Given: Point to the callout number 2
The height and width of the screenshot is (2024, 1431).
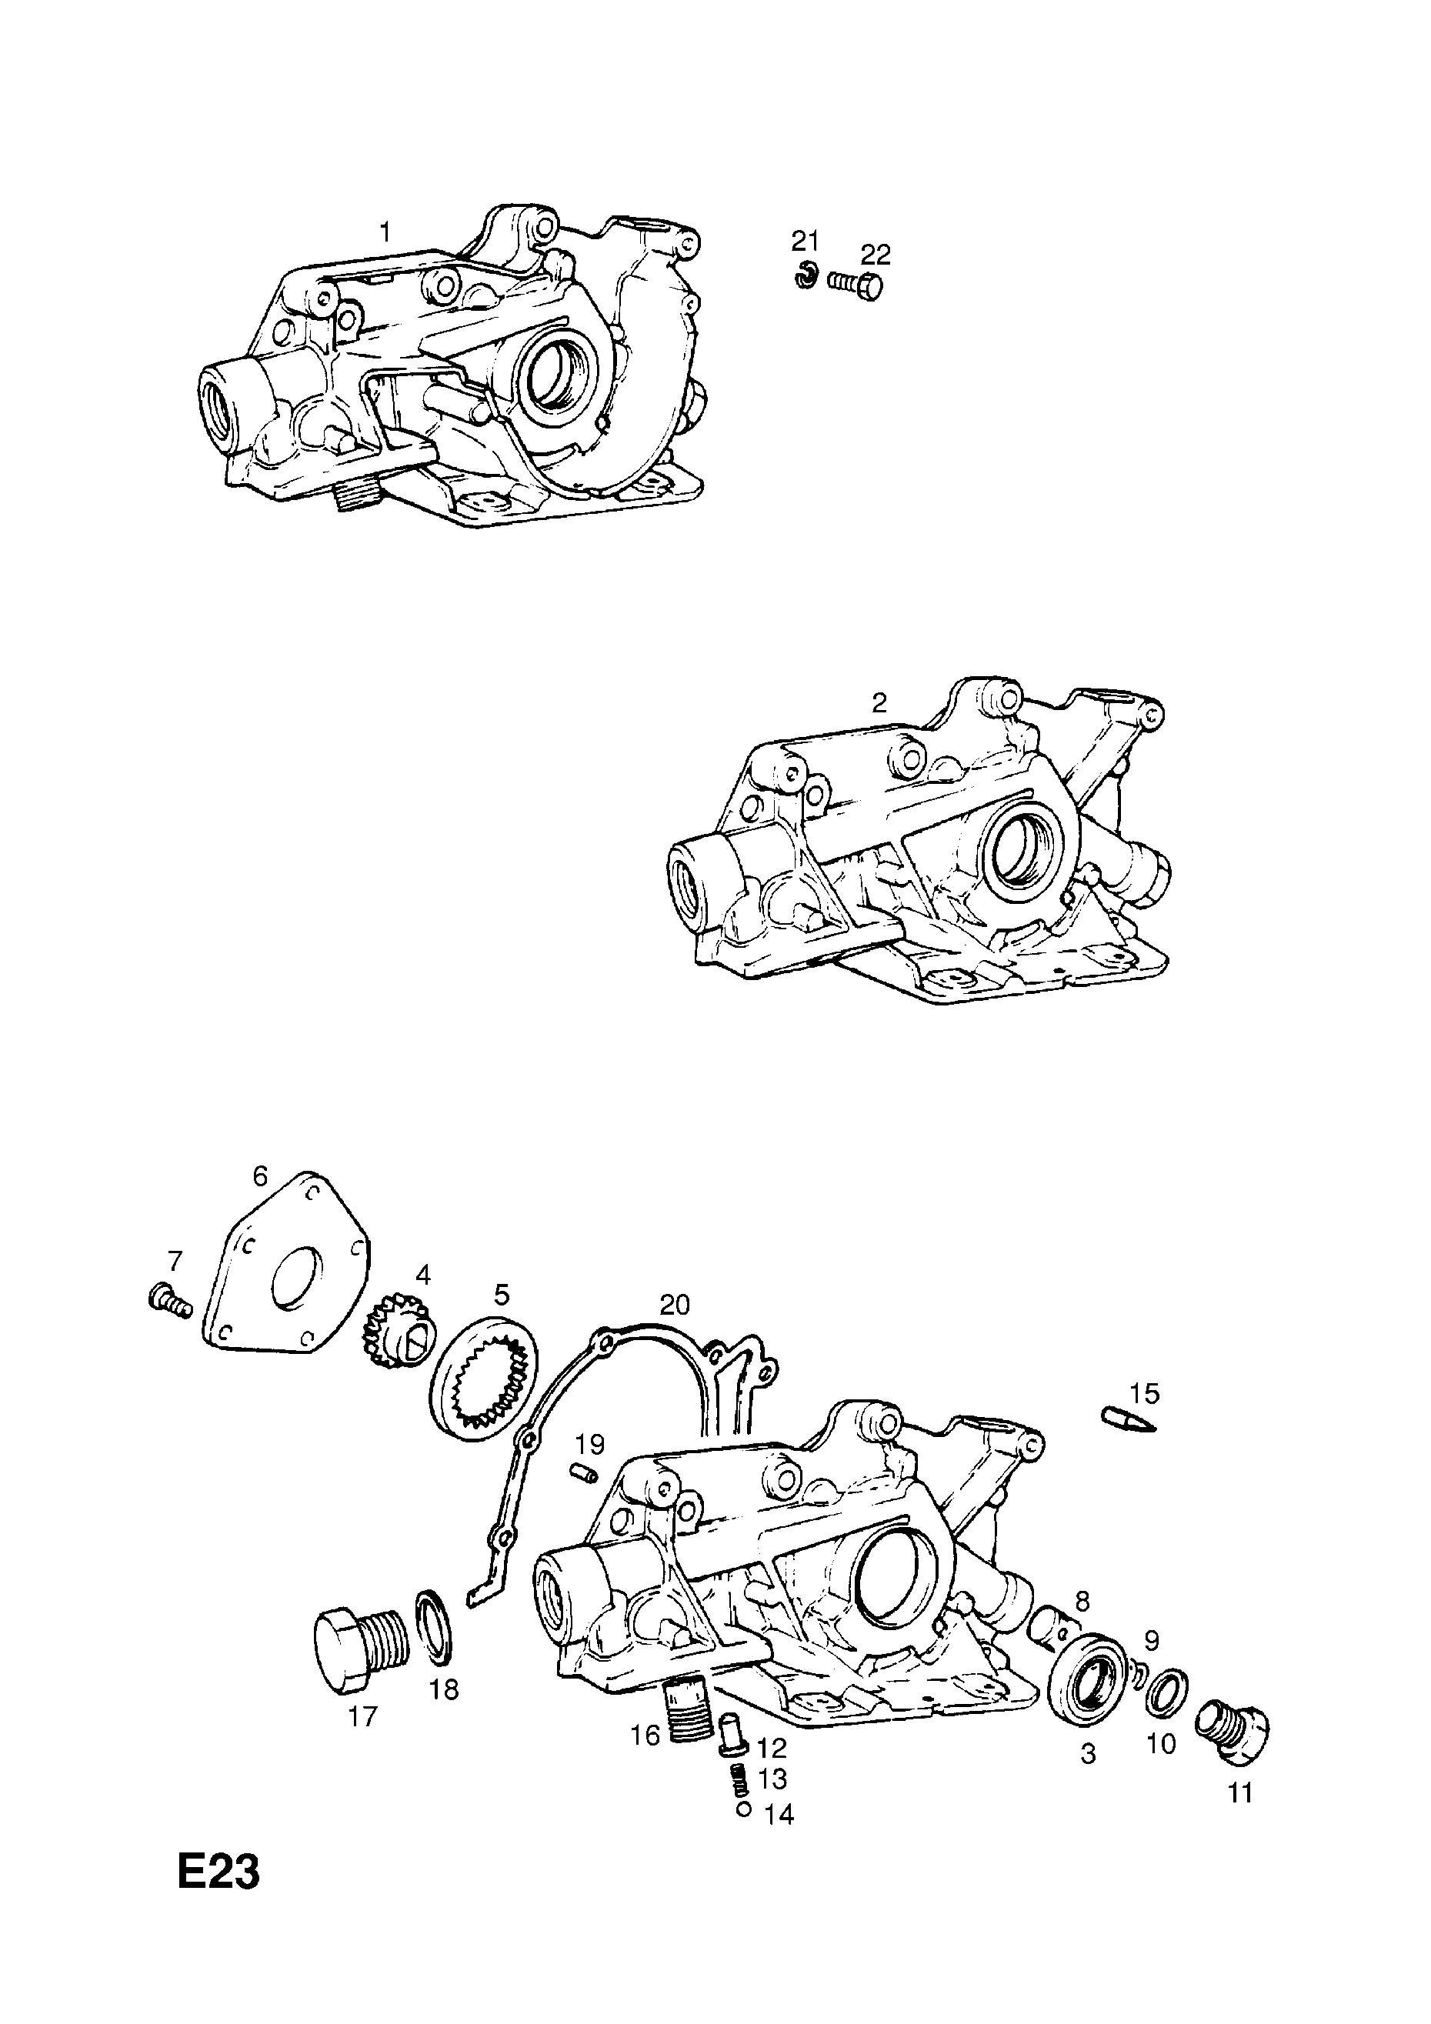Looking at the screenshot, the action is point(879,702).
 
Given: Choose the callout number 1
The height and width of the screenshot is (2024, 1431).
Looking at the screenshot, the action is point(385,233).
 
